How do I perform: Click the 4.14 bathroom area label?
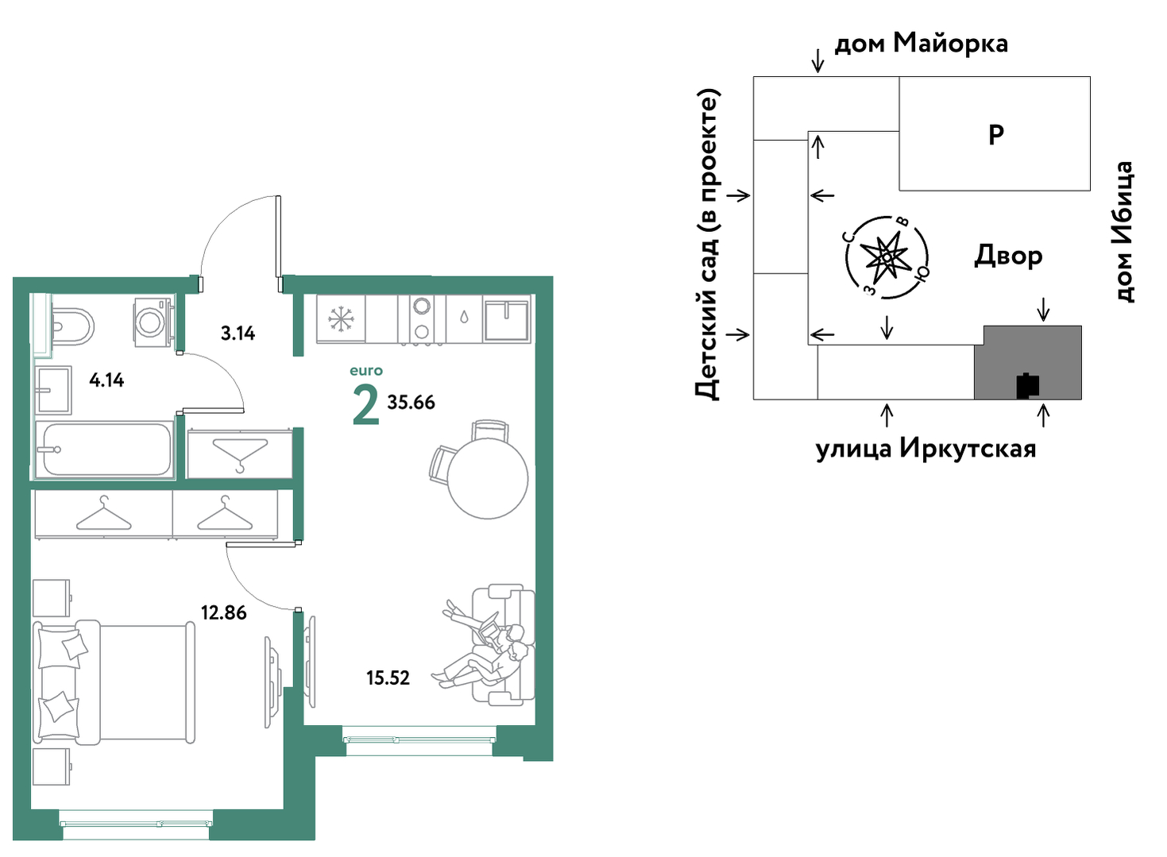pos(106,380)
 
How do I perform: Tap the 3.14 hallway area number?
pos(238,333)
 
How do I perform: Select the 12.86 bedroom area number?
pos(224,612)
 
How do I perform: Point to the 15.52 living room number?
pos(388,677)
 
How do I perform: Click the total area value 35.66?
pos(411,402)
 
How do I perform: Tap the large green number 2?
pos(365,407)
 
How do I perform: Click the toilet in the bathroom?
pos(73,327)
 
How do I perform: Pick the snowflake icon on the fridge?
pos(342,318)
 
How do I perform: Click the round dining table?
pos(488,478)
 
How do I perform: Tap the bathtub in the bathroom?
pos(104,449)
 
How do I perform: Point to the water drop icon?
pos(464,317)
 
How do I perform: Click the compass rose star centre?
pos(887,257)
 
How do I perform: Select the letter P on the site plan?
pos(995,136)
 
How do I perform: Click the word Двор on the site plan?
pos(1008,256)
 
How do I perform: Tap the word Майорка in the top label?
pos(950,44)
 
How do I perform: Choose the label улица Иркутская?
pos(925,449)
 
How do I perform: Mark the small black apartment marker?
pos(1028,385)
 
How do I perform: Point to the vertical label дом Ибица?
pos(1123,232)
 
